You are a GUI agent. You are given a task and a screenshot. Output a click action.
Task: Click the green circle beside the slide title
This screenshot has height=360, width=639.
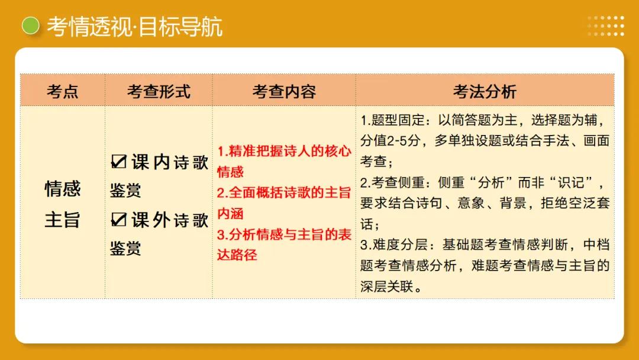tap(30, 25)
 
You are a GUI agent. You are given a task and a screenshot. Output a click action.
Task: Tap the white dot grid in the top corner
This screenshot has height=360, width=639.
tap(606, 25)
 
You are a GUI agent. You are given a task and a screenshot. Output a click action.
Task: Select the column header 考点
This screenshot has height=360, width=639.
tap(62, 91)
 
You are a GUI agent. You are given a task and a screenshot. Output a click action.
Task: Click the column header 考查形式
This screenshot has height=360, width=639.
tap(159, 91)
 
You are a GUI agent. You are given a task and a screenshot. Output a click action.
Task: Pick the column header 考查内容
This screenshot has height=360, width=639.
tap(284, 91)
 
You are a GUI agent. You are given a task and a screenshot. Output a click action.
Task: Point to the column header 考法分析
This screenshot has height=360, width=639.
tap(485, 91)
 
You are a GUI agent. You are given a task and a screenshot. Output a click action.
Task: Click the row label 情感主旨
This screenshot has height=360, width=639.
tap(62, 204)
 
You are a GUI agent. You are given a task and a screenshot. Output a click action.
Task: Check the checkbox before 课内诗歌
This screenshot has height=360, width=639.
tap(119, 162)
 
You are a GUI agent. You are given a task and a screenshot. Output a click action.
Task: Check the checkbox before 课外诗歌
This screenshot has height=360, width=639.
tap(119, 220)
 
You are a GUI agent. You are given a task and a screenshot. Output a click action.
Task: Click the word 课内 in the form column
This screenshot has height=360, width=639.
tap(151, 162)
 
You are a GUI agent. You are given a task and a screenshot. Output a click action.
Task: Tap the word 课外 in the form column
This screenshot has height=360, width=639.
tap(151, 220)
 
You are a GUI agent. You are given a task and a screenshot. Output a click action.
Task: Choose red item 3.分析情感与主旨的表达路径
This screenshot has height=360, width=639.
tap(283, 245)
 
